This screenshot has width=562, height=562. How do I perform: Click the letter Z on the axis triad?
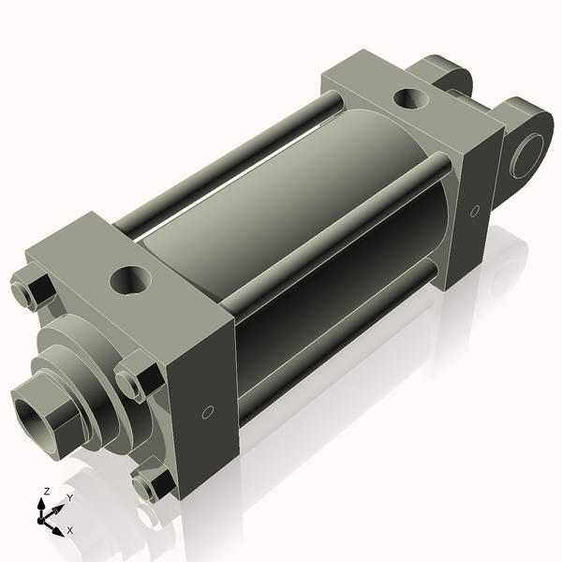point(46,491)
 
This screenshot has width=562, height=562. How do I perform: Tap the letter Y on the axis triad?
point(69,498)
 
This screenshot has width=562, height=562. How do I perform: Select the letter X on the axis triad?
point(70,530)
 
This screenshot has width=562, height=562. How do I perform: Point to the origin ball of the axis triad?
point(43,516)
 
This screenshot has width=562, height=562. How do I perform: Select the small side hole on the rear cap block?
point(474,211)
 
